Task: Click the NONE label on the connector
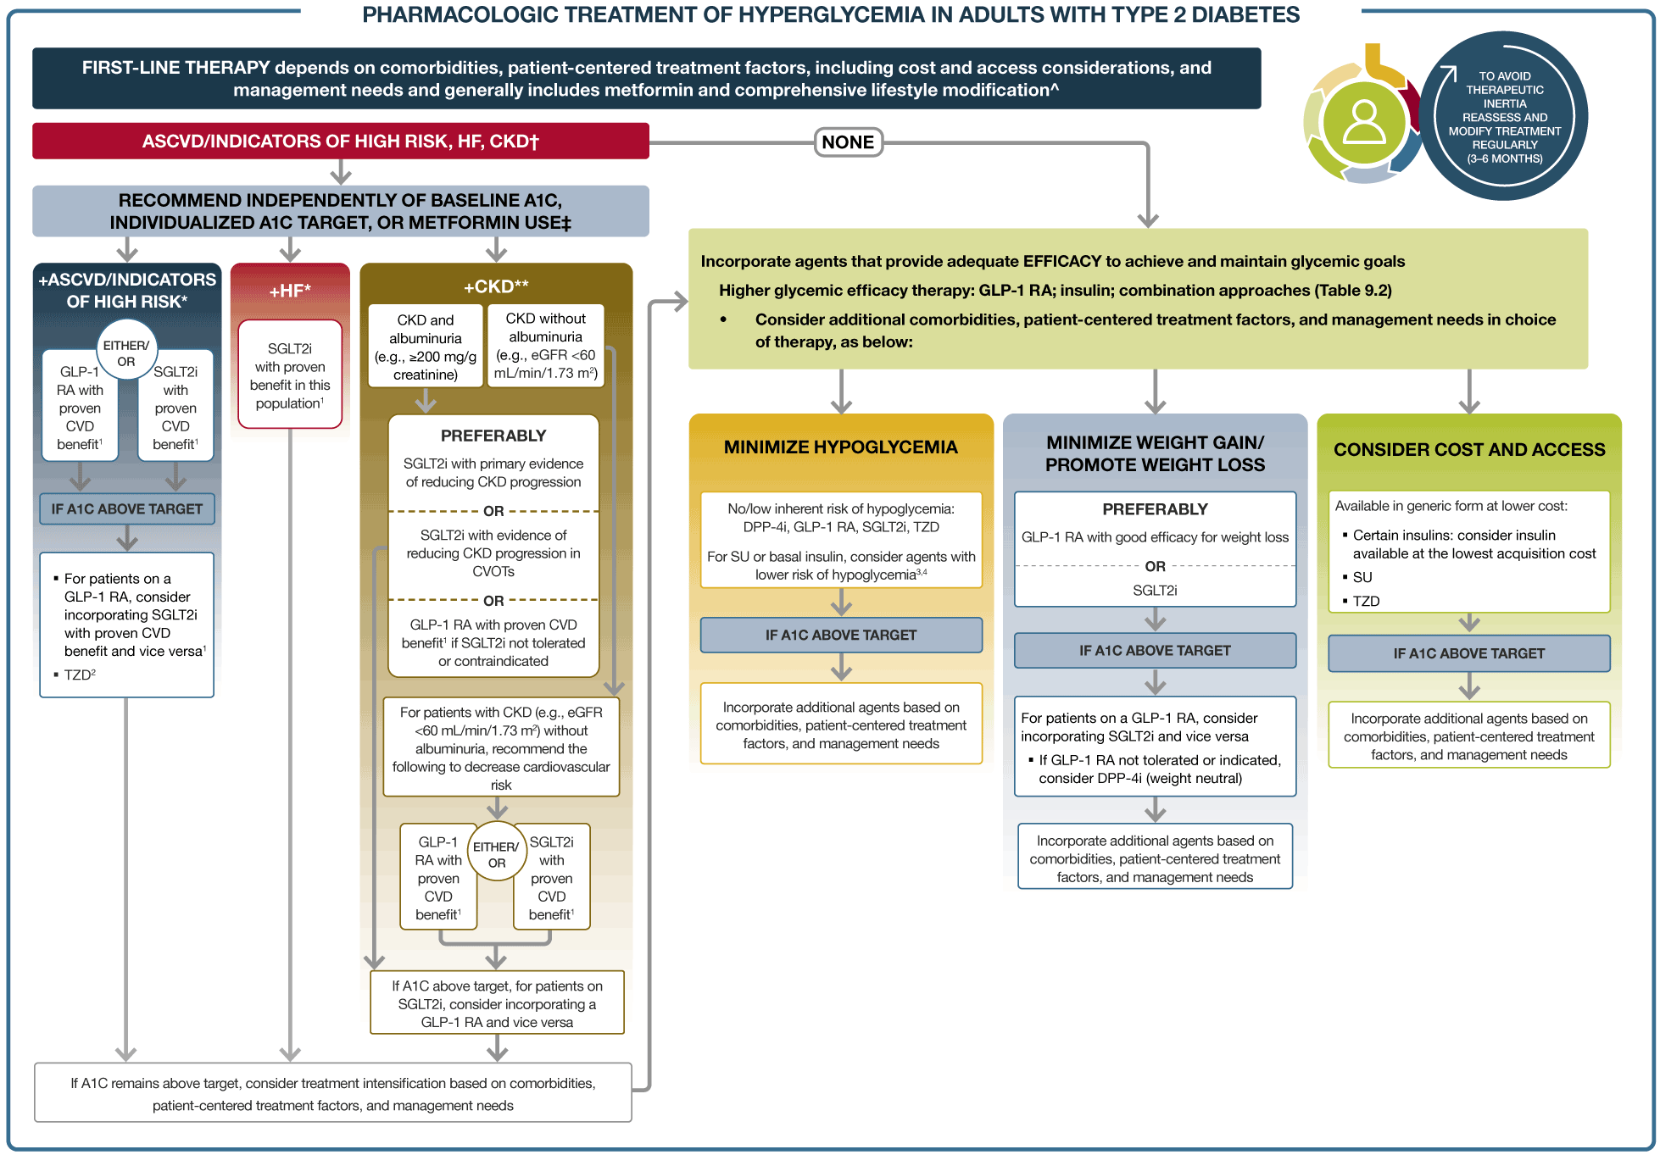(848, 142)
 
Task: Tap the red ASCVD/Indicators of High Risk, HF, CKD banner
(340, 141)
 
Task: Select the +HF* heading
(290, 291)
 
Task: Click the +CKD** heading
(496, 286)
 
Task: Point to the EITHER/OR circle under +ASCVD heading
(126, 353)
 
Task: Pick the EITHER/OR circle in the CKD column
(496, 853)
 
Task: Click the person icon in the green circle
(1364, 123)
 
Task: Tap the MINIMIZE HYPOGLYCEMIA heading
(840, 447)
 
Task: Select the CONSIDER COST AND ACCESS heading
(1468, 449)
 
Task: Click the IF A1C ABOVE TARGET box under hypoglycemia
(840, 635)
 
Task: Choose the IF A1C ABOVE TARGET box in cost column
(1468, 653)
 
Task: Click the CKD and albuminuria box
(426, 347)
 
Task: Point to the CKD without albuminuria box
(546, 345)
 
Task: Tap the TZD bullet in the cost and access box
(1366, 601)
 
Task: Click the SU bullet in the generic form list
(1362, 577)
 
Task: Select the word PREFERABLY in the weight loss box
(1155, 509)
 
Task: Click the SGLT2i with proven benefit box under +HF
(290, 375)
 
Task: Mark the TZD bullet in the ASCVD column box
(80, 675)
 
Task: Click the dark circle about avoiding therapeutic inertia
(1504, 117)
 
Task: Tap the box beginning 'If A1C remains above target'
(333, 1093)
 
